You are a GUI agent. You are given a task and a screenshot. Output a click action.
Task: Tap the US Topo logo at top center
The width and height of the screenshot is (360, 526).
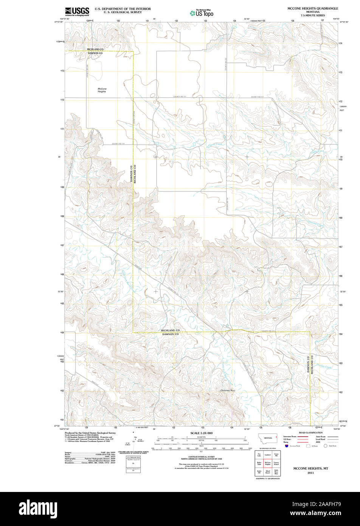pyautogui.click(x=202, y=12)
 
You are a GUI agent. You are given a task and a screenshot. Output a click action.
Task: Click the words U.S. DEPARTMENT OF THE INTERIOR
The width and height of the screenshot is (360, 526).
pyautogui.click(x=123, y=9)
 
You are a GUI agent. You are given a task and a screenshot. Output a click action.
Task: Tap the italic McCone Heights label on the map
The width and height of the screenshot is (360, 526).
pyautogui.click(x=102, y=90)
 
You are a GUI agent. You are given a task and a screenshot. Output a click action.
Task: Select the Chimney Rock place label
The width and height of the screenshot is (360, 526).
pyautogui.click(x=228, y=390)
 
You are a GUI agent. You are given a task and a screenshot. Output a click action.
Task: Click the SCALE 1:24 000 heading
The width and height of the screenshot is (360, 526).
pyautogui.click(x=201, y=433)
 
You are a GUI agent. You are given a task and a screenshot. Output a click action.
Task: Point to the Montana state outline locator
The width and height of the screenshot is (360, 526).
pyautogui.click(x=268, y=438)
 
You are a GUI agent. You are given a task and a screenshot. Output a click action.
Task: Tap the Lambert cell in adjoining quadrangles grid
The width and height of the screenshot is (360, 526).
pyautogui.click(x=268, y=454)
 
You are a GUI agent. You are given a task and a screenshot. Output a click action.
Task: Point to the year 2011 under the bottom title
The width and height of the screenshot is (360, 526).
pyautogui.click(x=310, y=473)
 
